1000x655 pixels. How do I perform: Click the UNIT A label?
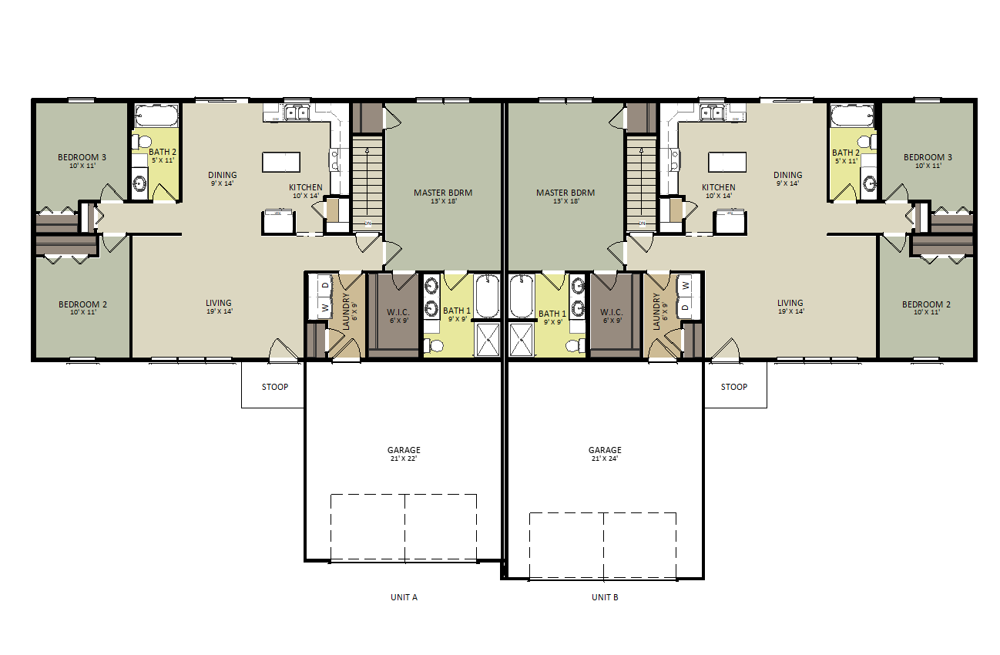404,597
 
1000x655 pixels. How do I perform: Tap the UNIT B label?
605,597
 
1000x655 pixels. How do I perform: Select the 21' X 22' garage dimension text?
404,458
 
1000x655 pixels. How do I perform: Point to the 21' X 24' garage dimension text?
605,458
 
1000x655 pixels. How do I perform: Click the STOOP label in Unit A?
275,387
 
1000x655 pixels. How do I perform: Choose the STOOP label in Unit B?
734,387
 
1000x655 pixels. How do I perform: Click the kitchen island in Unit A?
281,162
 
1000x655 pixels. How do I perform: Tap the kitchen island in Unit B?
727,162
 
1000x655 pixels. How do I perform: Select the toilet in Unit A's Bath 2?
142,142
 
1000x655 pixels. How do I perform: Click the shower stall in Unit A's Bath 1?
488,341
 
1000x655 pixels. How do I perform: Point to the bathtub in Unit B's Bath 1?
522,297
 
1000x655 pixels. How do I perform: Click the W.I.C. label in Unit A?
398,312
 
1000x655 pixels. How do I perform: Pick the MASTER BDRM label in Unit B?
565,193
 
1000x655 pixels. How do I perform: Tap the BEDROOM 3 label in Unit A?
82,157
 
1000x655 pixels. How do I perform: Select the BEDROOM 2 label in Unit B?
926,304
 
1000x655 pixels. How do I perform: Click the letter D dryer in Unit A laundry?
325,285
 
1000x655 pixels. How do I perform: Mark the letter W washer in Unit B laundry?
686,285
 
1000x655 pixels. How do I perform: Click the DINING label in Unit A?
223,175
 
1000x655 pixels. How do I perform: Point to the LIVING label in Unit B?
790,303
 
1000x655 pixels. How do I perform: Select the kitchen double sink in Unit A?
297,113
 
